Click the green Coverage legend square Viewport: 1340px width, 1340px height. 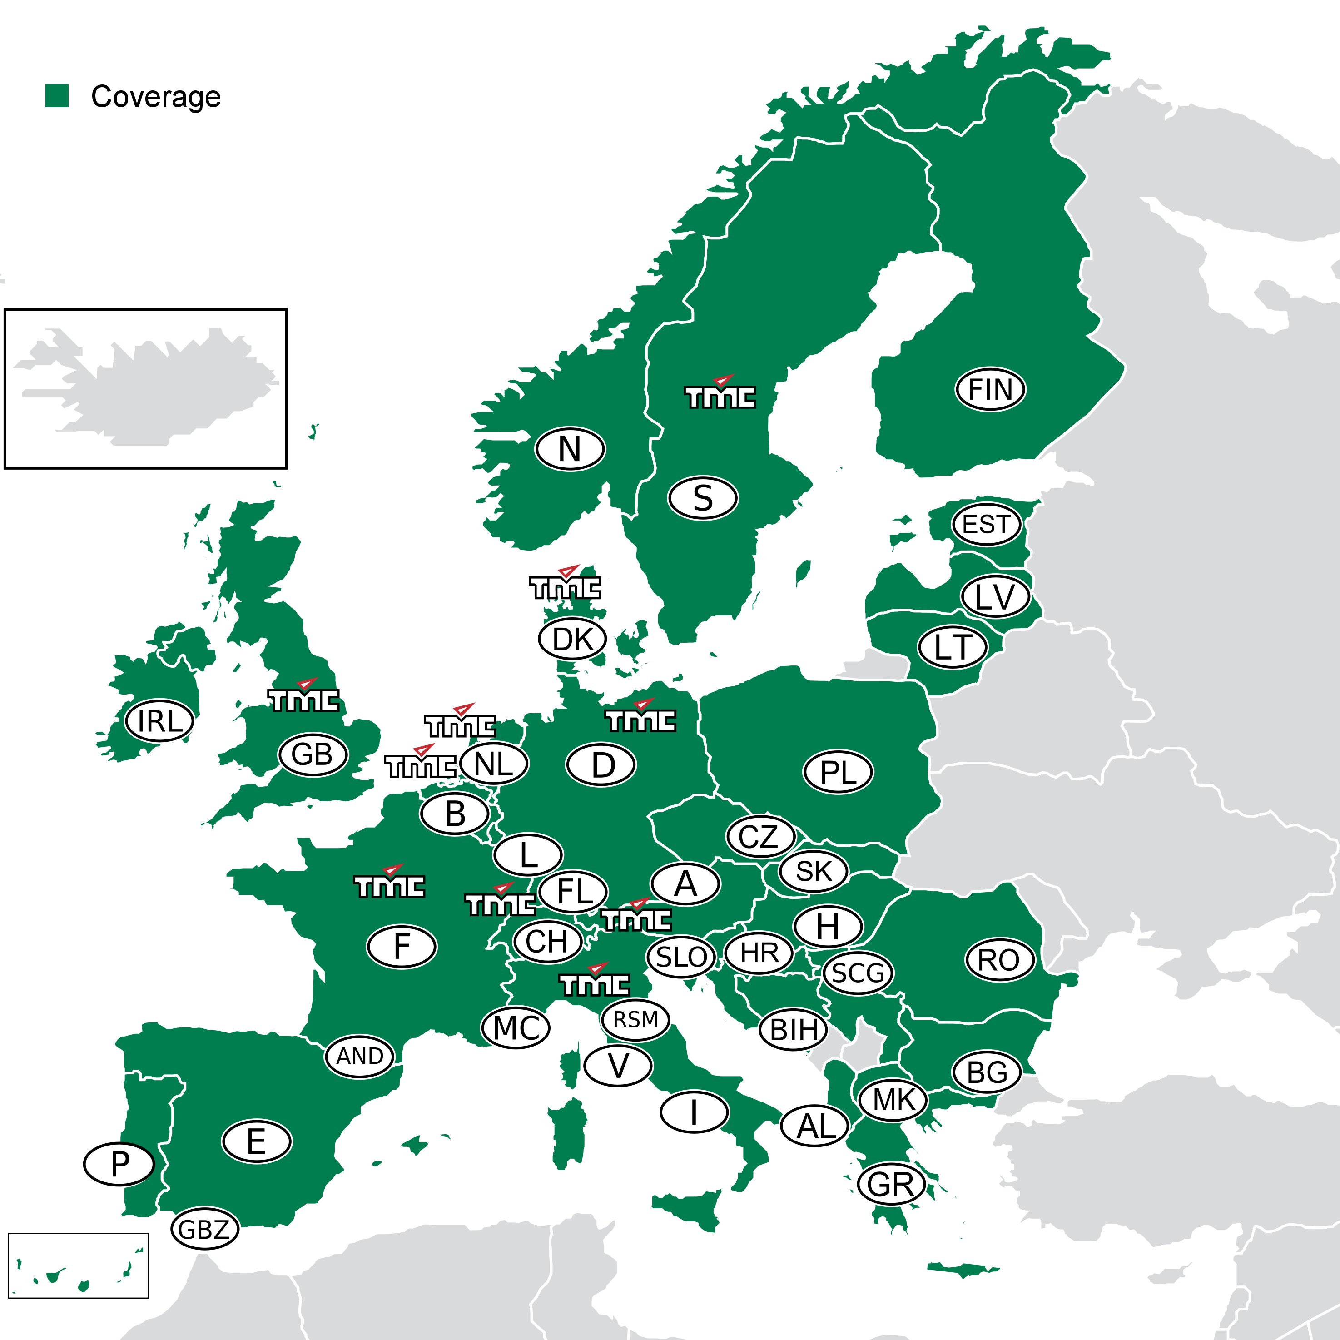(57, 96)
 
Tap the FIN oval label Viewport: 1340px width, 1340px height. (990, 389)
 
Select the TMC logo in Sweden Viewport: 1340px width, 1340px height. (720, 394)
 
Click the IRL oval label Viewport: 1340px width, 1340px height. (159, 720)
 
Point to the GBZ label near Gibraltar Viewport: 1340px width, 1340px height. (204, 1230)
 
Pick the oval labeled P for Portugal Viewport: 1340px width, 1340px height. (119, 1164)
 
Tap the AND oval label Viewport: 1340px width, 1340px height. (359, 1056)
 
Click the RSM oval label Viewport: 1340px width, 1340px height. (635, 1020)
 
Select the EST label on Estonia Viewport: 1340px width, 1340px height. (986, 524)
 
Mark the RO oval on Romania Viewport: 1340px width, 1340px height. (999, 960)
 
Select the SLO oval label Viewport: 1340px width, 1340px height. (680, 957)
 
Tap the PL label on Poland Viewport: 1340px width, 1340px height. (838, 772)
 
